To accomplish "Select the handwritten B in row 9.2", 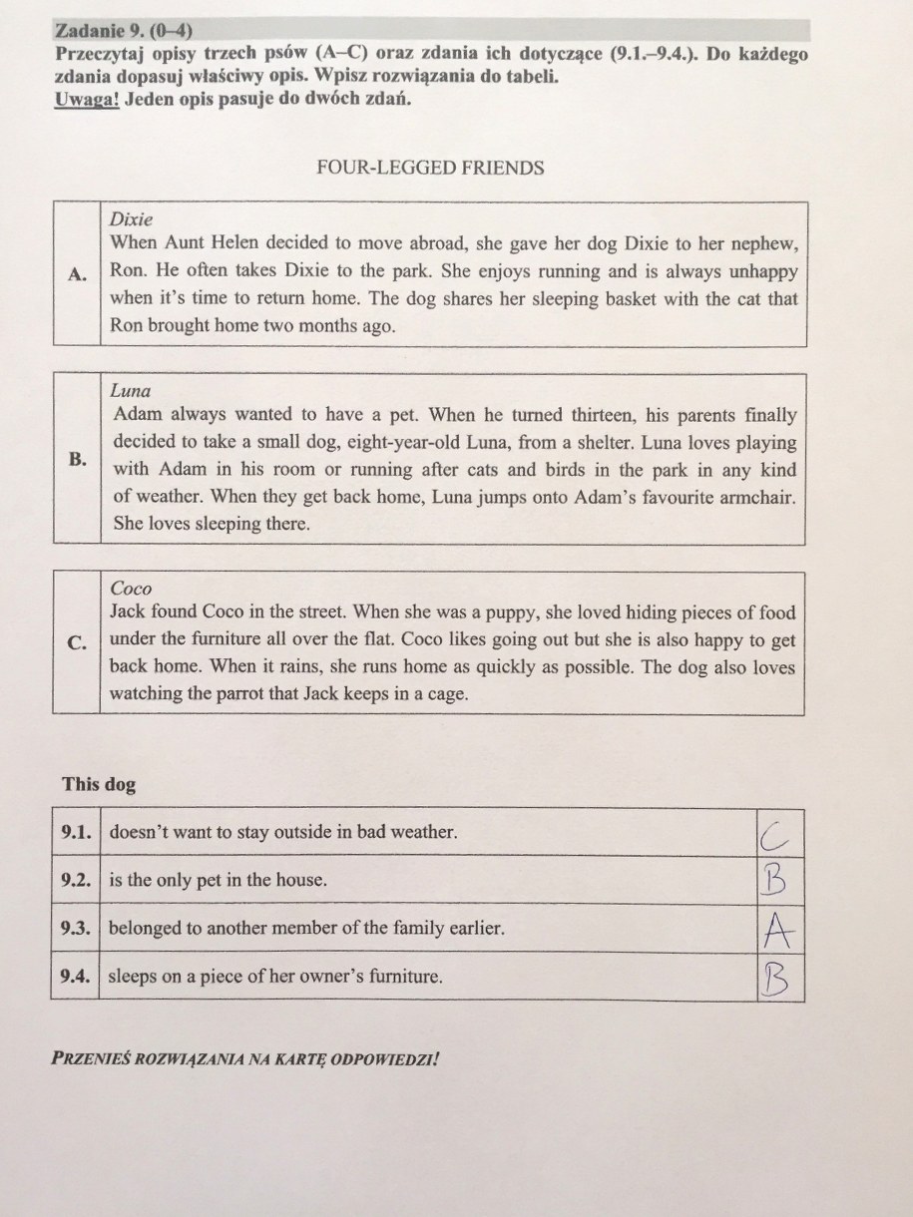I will (x=775, y=881).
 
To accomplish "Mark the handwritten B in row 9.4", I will (x=776, y=979).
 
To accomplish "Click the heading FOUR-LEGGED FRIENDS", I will (x=430, y=168).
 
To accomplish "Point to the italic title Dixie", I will (x=131, y=218).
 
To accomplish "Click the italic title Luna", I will (x=131, y=391).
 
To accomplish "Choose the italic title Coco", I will (x=131, y=589).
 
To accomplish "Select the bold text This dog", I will (x=99, y=784).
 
